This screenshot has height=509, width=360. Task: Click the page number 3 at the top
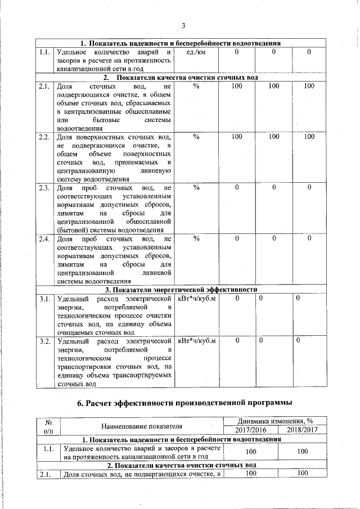(183, 25)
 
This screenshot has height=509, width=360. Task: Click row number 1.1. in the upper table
(46, 52)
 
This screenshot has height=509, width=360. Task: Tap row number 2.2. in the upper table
(46, 137)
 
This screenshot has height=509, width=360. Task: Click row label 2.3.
(46, 187)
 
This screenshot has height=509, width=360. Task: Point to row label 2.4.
(46, 238)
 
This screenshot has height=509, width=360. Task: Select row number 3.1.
(46, 298)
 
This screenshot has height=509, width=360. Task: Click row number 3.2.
(46, 341)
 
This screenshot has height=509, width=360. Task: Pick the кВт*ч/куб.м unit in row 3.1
(197, 298)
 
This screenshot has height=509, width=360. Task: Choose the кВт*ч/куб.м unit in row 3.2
(197, 341)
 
